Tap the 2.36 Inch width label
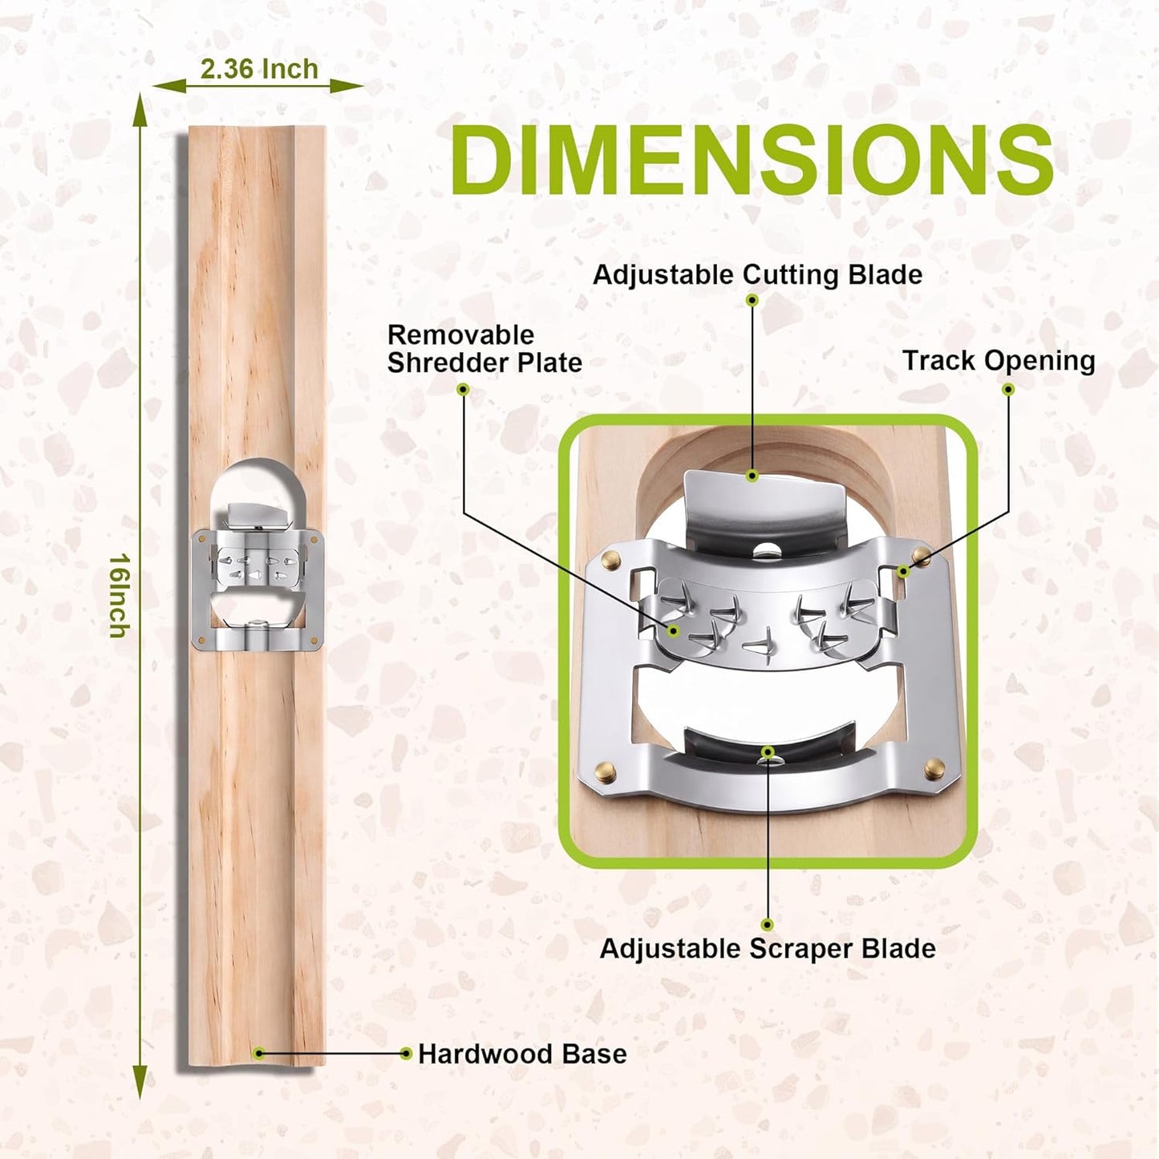point(258,69)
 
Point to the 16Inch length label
point(119,595)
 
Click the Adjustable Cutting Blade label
point(757,275)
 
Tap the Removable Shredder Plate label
point(484,349)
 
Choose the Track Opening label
point(999,361)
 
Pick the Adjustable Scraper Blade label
point(768,949)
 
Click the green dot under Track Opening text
point(1009,389)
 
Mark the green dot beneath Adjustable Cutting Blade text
point(752,299)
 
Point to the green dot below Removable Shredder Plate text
point(463,389)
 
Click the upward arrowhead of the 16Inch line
point(140,108)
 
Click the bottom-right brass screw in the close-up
point(934,768)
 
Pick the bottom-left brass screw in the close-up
point(605,772)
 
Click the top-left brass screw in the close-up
point(611,559)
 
